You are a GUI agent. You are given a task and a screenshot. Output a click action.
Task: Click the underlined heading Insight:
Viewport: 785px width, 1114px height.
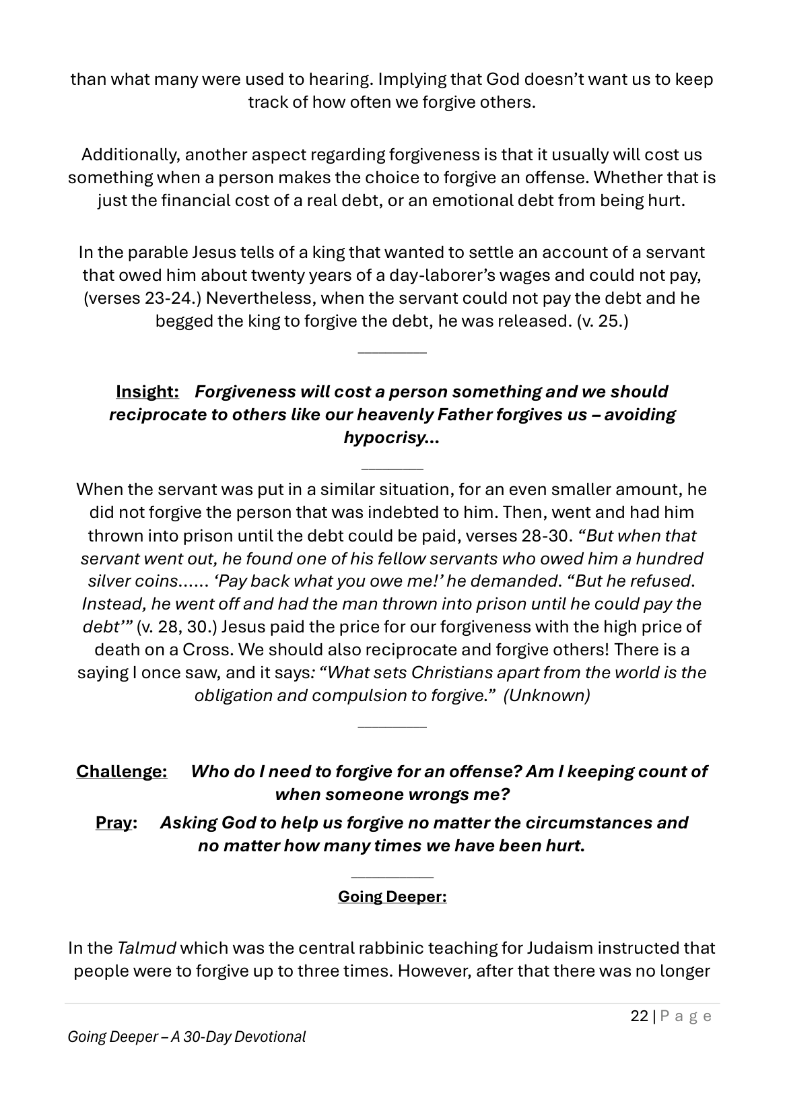(x=147, y=391)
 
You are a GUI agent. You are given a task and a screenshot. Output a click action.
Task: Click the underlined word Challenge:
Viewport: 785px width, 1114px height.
(x=121, y=771)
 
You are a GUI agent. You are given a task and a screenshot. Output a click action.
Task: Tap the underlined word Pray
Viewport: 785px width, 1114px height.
(x=113, y=822)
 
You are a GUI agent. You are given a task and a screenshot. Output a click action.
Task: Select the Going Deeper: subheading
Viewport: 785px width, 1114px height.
(x=392, y=896)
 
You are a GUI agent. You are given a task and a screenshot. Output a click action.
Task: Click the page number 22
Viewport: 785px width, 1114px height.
(x=639, y=1016)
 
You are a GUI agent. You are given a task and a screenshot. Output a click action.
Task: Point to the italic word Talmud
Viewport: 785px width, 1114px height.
(x=146, y=948)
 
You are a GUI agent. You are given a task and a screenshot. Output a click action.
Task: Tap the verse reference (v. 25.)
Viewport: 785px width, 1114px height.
(x=603, y=321)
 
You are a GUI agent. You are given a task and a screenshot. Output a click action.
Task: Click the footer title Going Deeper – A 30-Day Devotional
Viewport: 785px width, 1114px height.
(x=186, y=1037)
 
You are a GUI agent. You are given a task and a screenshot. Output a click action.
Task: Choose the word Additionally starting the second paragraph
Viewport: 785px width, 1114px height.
(x=130, y=154)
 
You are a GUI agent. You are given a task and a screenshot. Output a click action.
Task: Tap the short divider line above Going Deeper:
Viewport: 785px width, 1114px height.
(x=392, y=877)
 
